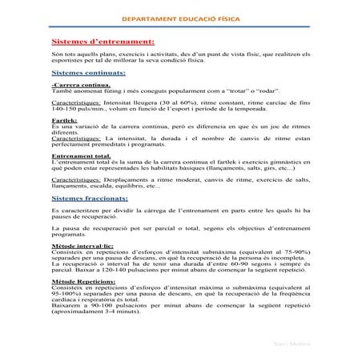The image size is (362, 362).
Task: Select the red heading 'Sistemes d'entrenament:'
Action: coord(97,41)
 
